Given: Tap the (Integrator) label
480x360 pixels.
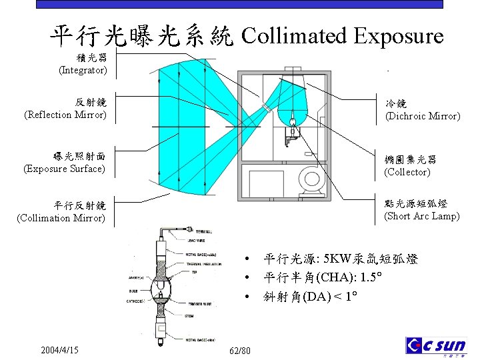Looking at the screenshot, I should click(83, 69).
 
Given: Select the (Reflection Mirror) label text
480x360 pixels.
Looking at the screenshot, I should click(65, 115).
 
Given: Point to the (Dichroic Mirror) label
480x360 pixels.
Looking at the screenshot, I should click(423, 116).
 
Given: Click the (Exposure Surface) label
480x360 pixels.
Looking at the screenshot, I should click(64, 169).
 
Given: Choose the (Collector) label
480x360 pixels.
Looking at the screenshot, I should click(407, 172).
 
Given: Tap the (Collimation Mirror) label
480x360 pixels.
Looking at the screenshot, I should click(61, 217).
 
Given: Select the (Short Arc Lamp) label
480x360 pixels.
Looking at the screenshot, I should click(421, 215).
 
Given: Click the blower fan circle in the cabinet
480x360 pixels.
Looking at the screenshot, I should click(311, 178).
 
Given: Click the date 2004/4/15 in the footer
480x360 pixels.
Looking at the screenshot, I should click(59, 350).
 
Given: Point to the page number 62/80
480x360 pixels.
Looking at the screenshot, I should click(240, 351).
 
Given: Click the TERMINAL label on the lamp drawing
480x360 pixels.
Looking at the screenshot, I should click(195, 231).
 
